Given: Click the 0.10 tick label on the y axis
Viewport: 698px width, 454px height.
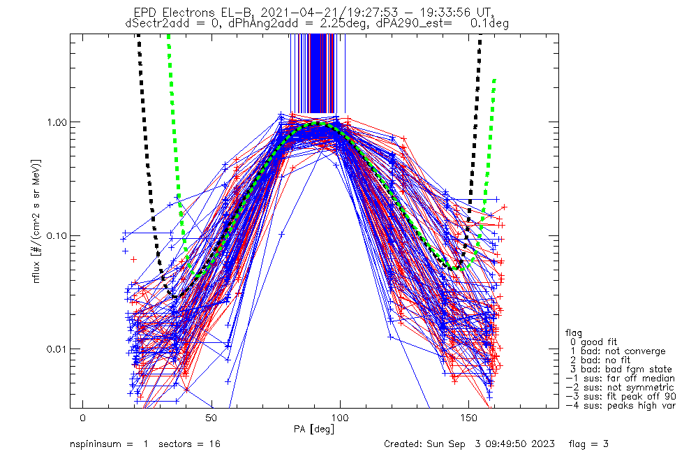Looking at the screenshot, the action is coord(57,235).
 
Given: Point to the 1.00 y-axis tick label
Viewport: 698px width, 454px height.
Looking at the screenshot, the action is coord(57,122).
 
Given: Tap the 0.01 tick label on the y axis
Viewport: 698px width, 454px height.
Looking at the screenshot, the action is coord(57,349).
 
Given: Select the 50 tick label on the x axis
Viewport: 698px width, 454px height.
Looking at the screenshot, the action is coord(211,418).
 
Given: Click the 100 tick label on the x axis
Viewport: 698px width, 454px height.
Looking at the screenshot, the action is coord(340,418).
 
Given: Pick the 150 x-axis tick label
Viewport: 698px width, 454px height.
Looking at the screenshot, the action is coord(468,418).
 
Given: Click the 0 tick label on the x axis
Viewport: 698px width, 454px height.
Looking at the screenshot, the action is coord(83,418).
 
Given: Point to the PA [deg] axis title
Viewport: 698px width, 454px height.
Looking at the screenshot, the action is coord(314,430).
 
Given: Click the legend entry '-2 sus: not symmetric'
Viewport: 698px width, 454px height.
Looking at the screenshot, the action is coord(620,388).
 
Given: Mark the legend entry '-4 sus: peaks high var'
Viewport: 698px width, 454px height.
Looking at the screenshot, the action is coord(621,406).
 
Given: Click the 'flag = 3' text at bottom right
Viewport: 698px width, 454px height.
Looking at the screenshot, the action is coord(588,444).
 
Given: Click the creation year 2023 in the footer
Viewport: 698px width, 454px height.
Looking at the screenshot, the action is coord(544,444).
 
